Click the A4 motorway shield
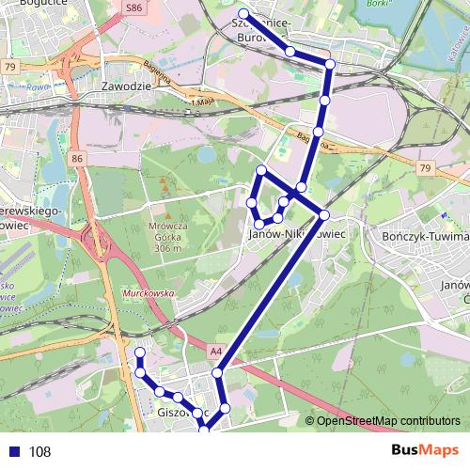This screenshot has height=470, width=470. coord(216,352)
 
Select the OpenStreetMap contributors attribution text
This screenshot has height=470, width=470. coord(387,421)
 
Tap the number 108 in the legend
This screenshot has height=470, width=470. coord(39,452)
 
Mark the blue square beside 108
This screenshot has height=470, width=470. coord(13,451)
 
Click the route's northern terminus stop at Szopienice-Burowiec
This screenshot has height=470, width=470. coord(243,13)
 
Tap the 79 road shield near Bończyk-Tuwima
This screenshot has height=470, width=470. coord(426,168)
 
